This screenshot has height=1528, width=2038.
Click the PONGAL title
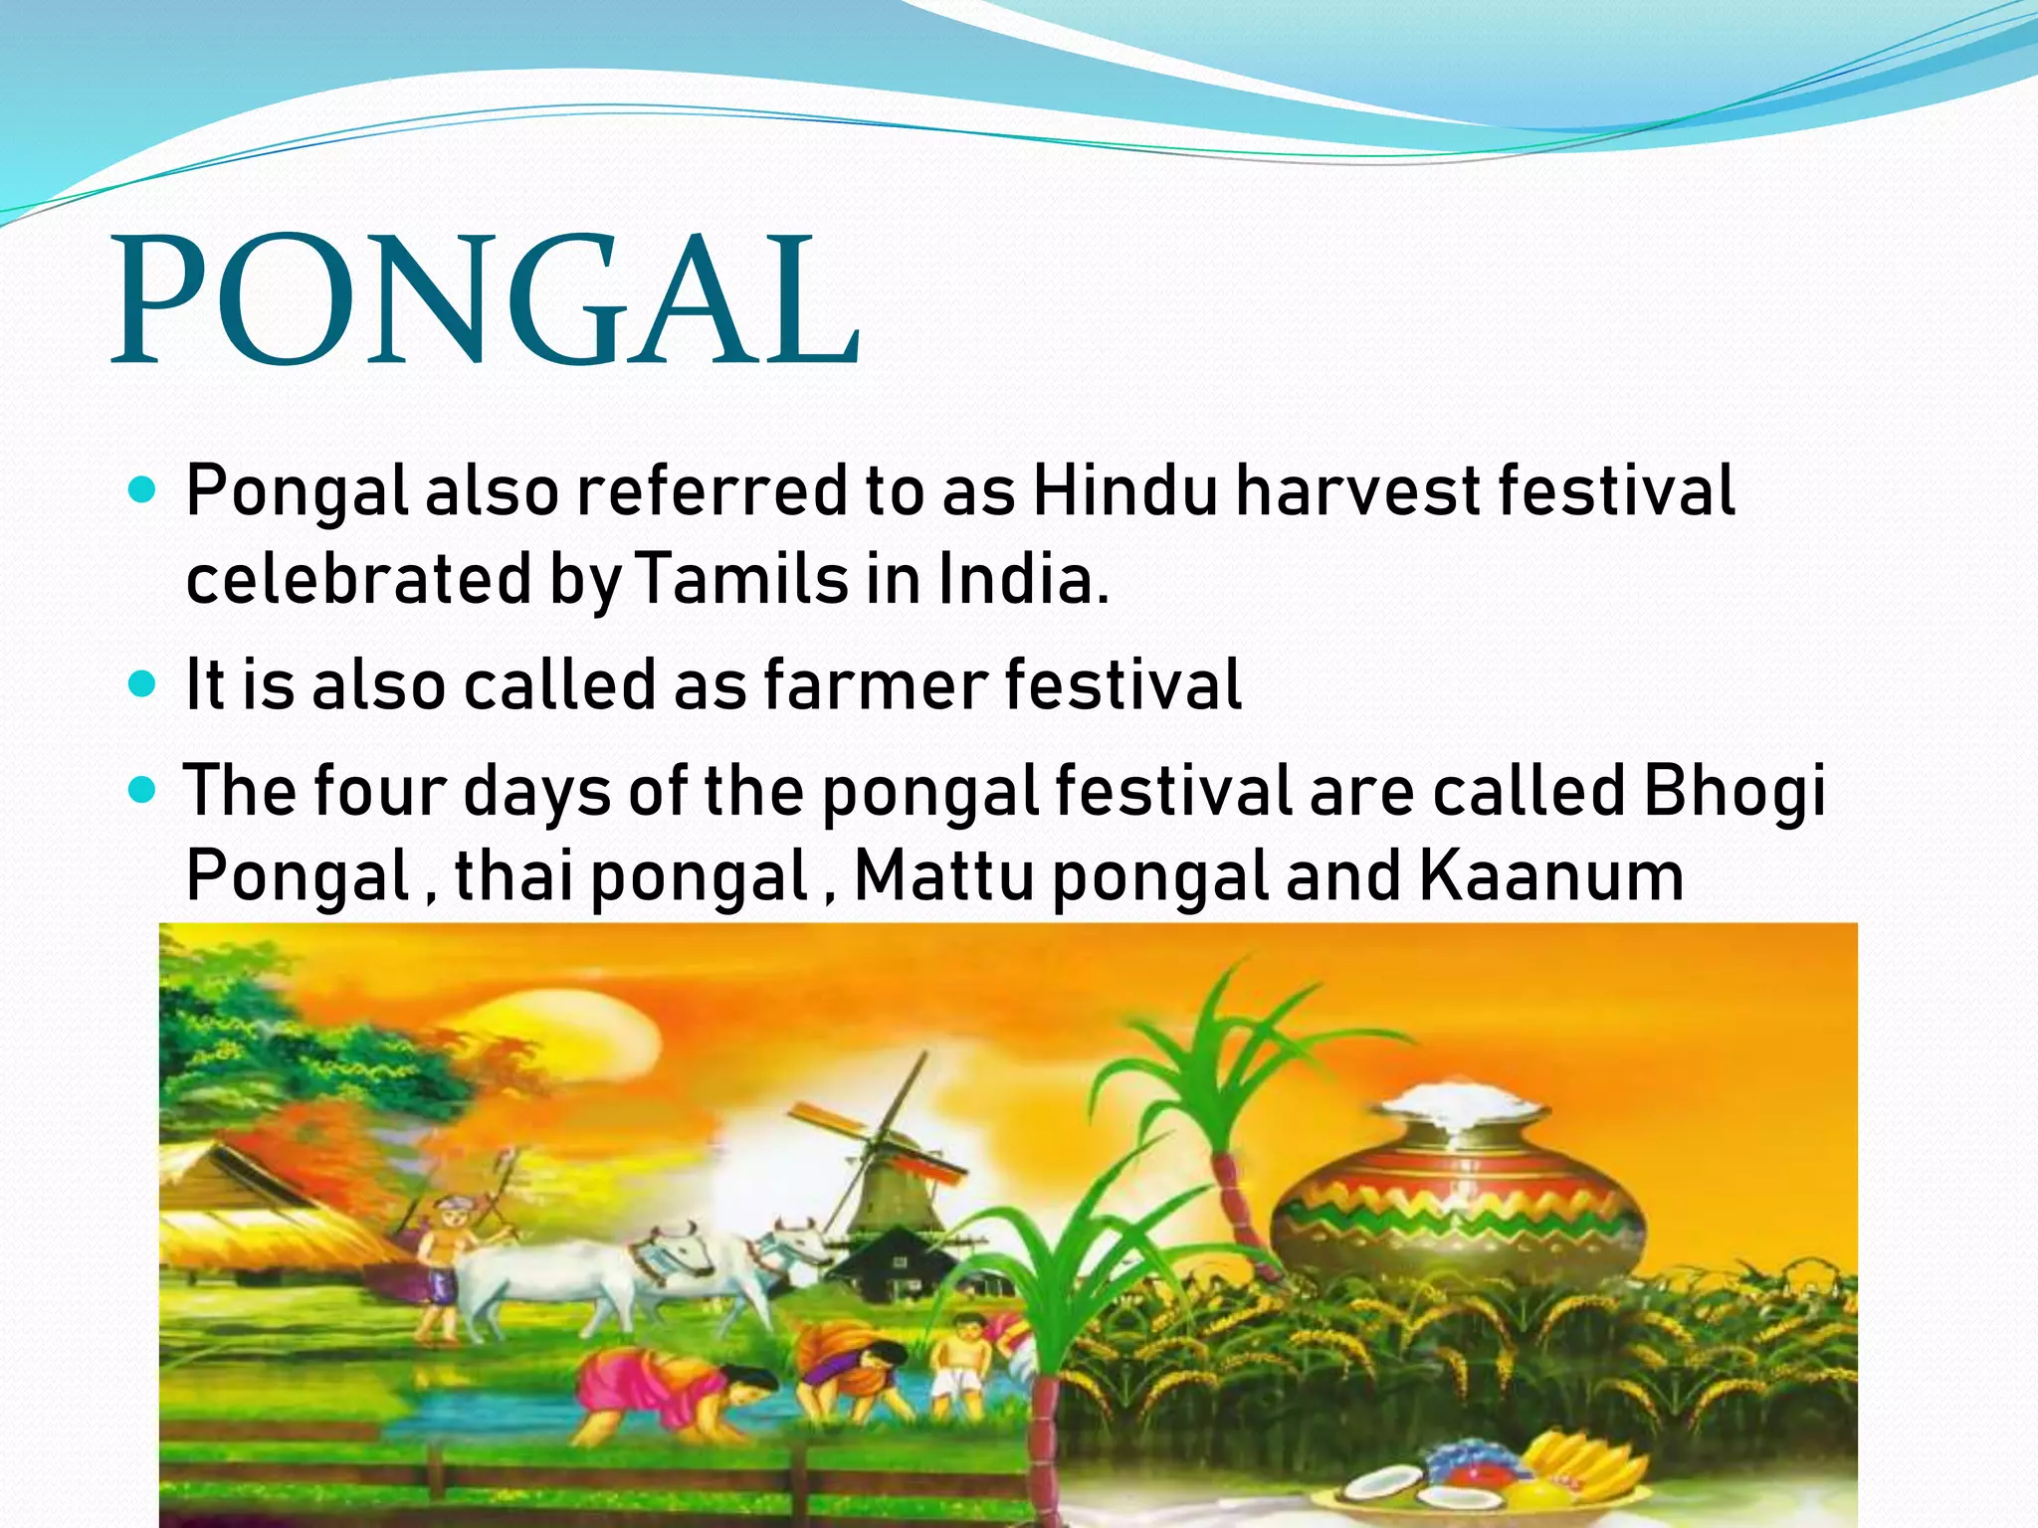[486, 301]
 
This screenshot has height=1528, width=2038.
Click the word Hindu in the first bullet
[1124, 491]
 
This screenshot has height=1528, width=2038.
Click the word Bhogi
[1733, 791]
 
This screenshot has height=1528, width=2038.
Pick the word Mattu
[943, 875]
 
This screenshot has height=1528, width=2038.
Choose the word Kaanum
[1550, 875]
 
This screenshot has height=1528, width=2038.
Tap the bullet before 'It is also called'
[143, 684]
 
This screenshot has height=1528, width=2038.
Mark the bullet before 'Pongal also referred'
[143, 491]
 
